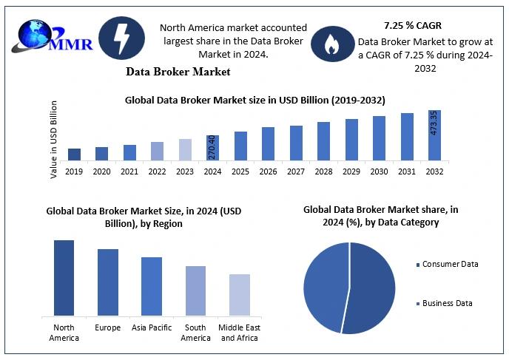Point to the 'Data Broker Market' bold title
(x=178, y=72)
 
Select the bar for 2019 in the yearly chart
(x=74, y=154)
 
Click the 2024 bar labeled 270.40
(x=212, y=147)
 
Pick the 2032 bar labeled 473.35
(x=434, y=135)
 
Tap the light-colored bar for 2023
(x=185, y=149)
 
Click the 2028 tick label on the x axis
(x=323, y=171)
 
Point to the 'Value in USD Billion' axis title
(x=54, y=140)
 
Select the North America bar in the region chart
(x=64, y=277)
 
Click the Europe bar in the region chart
(x=108, y=282)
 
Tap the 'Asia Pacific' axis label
(x=152, y=327)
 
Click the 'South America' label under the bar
(x=195, y=333)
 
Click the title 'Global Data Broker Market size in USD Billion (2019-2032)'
(x=254, y=99)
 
